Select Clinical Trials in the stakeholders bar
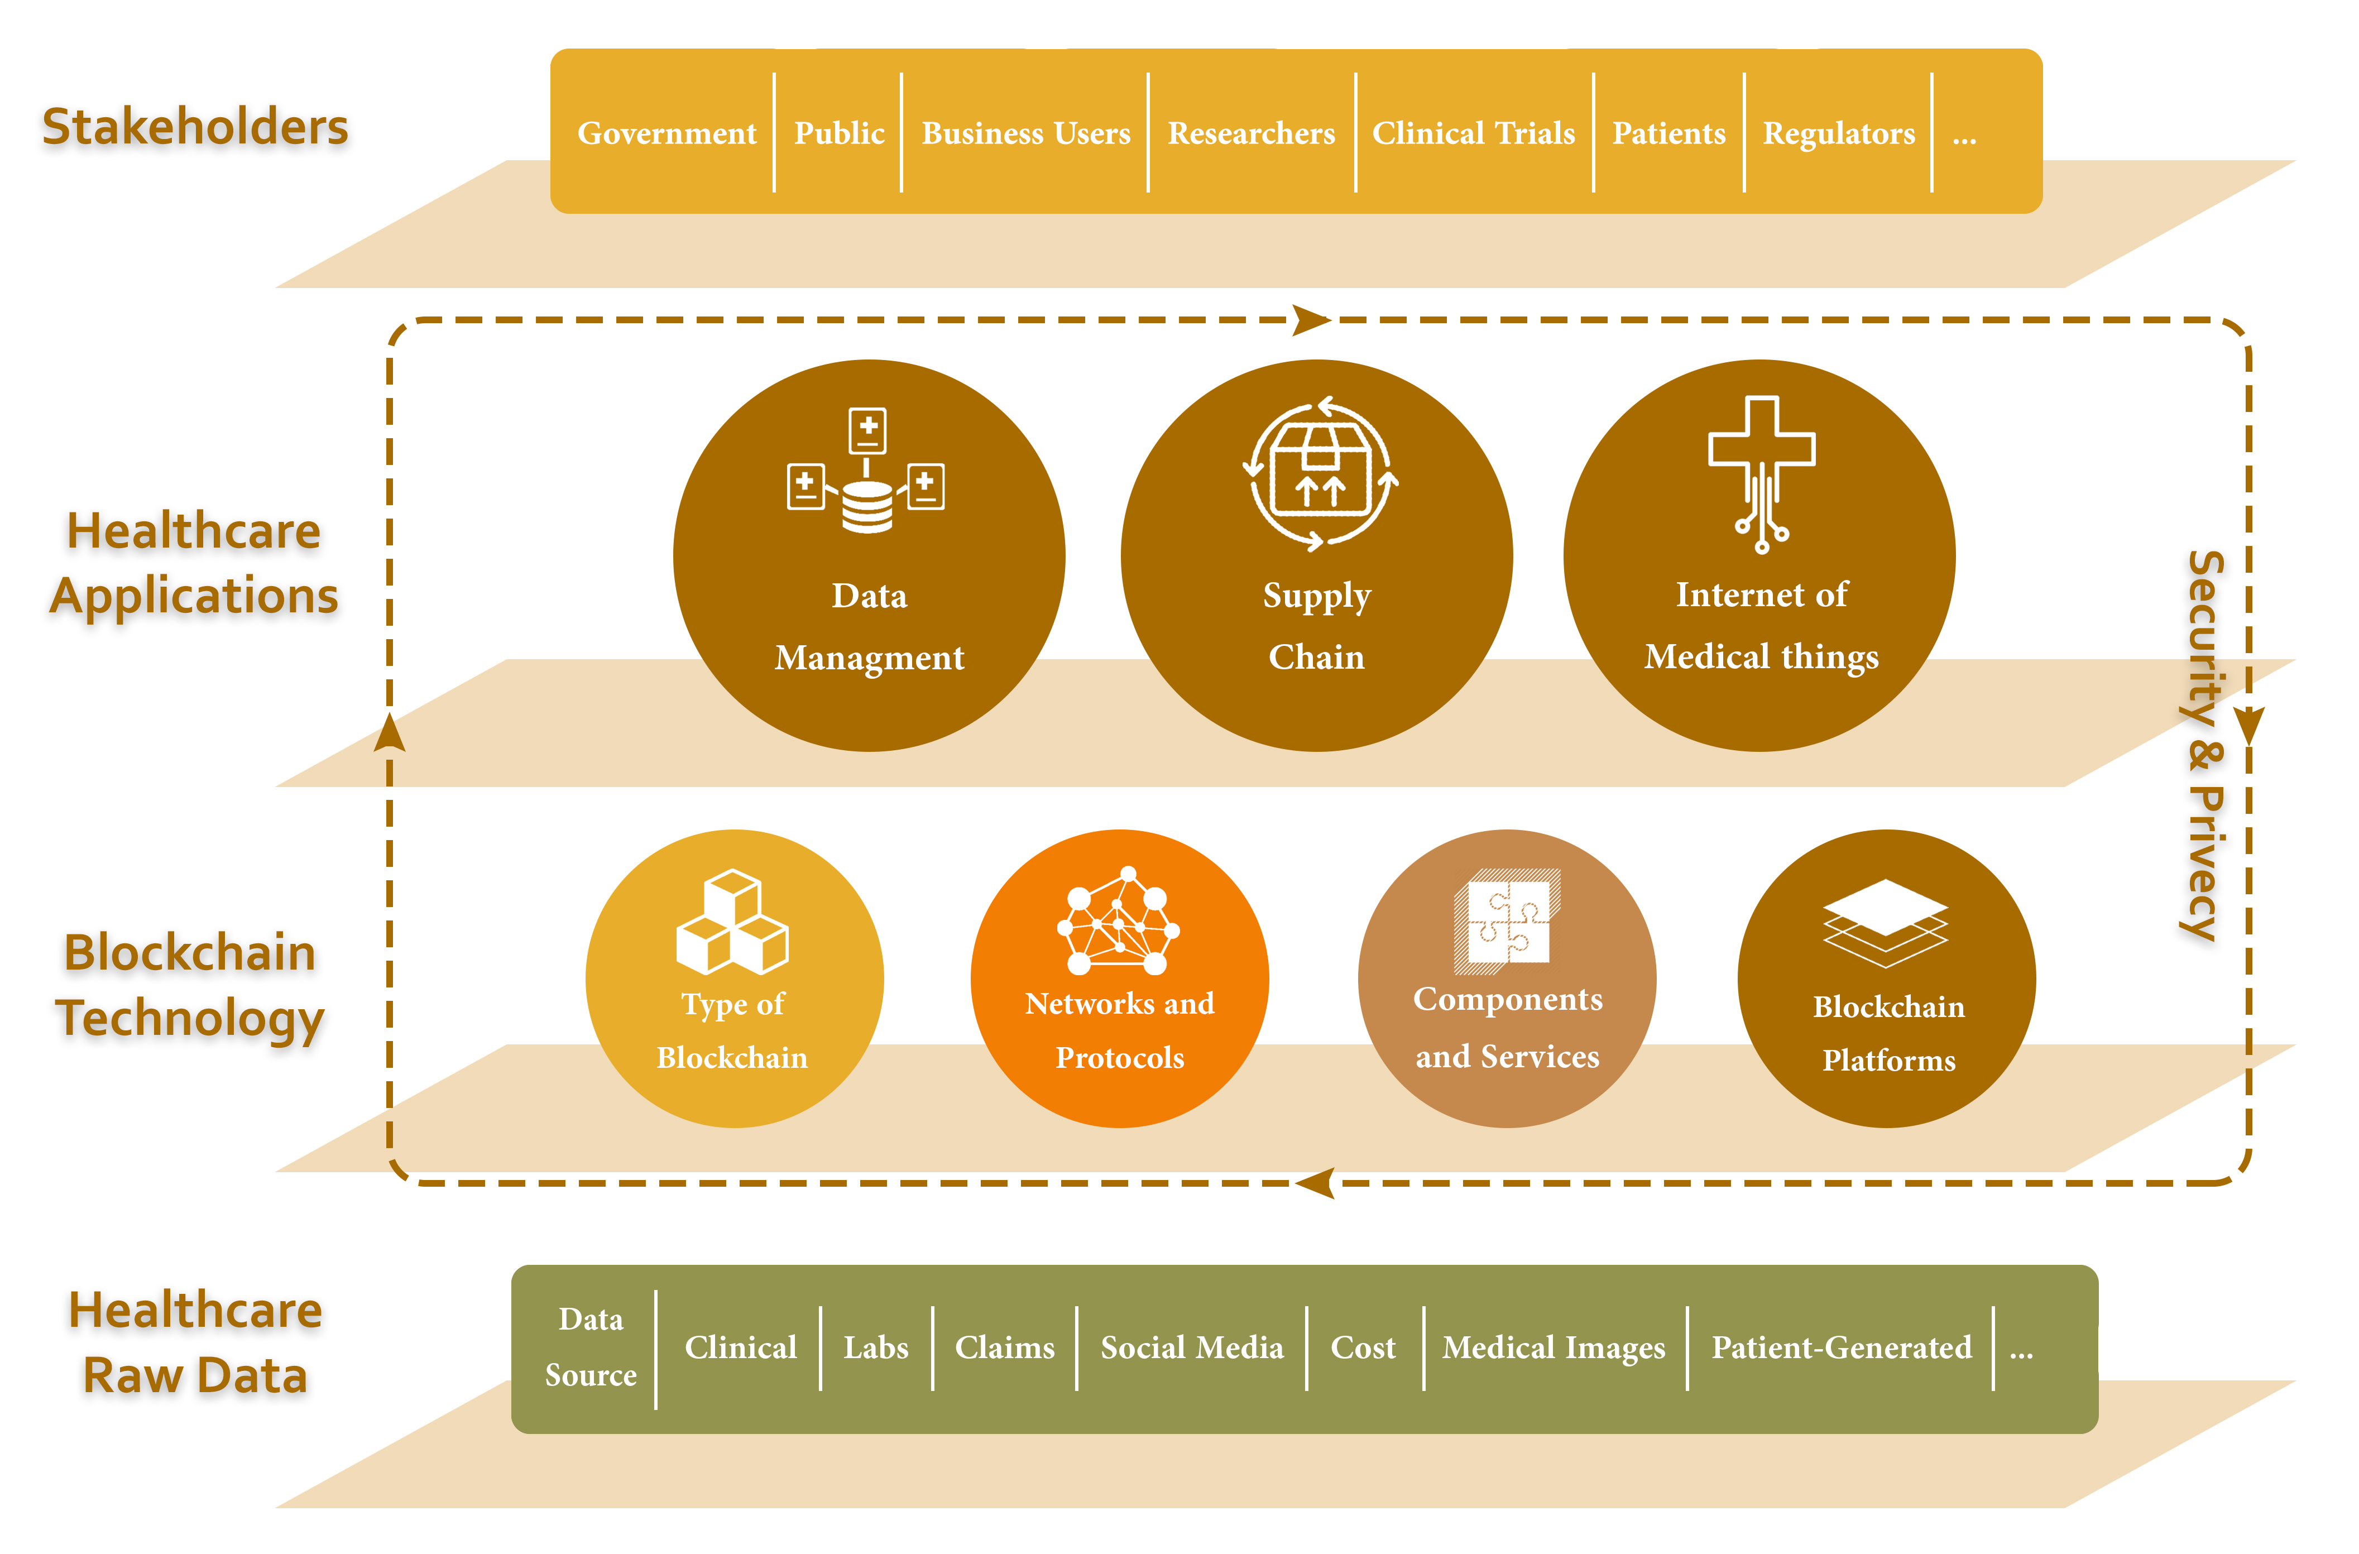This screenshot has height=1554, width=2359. (x=1473, y=133)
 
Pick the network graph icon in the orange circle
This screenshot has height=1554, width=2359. (x=1119, y=922)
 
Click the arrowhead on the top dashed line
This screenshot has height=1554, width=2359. (x=1310, y=320)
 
